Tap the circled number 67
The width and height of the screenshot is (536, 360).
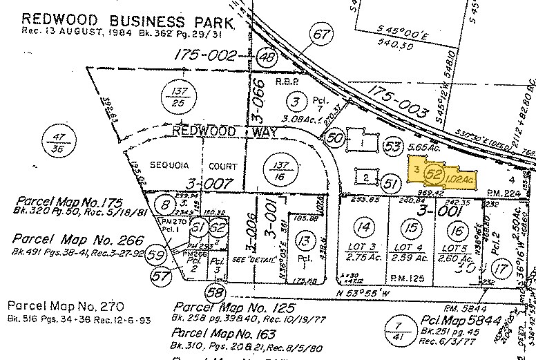[x=319, y=33]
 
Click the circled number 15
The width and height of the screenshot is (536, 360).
[x=412, y=227]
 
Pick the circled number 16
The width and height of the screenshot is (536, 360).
[x=455, y=229]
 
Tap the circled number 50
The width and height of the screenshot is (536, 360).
[x=336, y=137]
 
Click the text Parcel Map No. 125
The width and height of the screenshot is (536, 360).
[x=236, y=307]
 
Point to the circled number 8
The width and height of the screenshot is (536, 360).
[x=166, y=205]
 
